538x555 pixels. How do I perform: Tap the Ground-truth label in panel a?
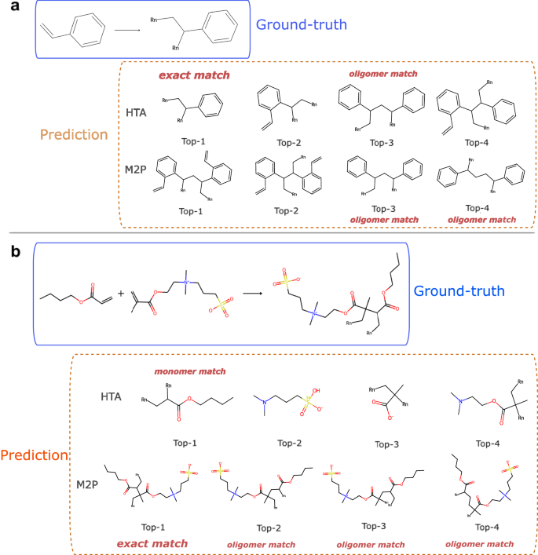pyautogui.click(x=302, y=25)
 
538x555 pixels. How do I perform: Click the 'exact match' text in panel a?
pyautogui.click(x=194, y=76)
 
